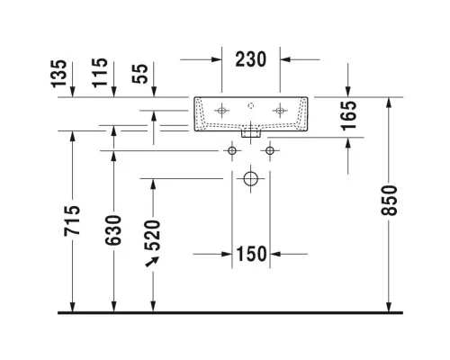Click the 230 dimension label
tap(251, 59)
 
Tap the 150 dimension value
tap(251, 254)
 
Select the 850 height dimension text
tap(389, 201)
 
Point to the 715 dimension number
tap(72, 220)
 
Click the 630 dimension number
tap(113, 230)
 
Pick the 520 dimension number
tap(152, 236)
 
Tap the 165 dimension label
tap(349, 116)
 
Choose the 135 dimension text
tap(58, 74)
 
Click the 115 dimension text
tap(100, 73)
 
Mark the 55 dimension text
tap(139, 74)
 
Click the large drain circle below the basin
tap(251, 179)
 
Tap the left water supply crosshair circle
tap(232, 150)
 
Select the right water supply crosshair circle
tap(270, 150)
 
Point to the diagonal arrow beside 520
tap(152, 262)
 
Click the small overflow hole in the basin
tap(251, 105)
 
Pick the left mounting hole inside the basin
tap(221, 111)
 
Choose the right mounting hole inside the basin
tap(280, 111)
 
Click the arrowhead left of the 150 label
tap(227, 254)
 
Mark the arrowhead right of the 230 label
tap(285, 59)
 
